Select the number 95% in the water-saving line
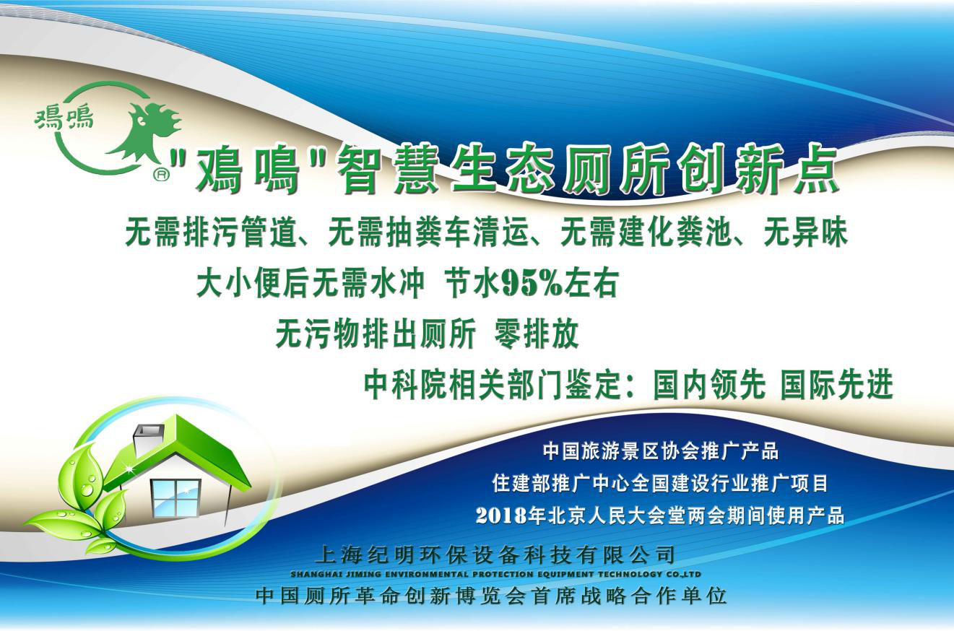[532, 283]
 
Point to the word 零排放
[536, 335]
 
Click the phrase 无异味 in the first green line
[805, 233]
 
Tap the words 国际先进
[836, 385]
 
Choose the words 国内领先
[709, 385]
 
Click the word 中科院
[406, 385]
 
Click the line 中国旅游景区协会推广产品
[660, 451]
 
